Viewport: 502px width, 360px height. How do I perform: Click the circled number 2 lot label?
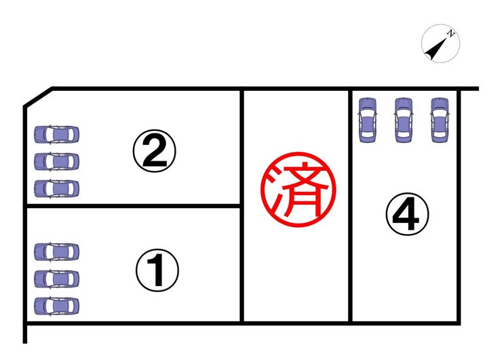pyautogui.click(x=154, y=153)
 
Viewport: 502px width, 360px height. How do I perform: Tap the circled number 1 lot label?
pyautogui.click(x=157, y=271)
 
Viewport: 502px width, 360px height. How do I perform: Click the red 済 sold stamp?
pyautogui.click(x=299, y=187)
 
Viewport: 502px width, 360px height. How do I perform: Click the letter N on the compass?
pyautogui.click(x=450, y=33)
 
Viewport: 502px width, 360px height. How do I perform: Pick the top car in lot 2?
pyautogui.click(x=57, y=134)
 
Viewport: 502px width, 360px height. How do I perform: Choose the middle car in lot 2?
pyautogui.click(x=57, y=161)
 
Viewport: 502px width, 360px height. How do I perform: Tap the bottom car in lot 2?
pyautogui.click(x=57, y=188)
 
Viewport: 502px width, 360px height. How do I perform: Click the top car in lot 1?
pyautogui.click(x=57, y=252)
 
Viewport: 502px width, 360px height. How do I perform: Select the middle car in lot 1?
pyautogui.click(x=57, y=279)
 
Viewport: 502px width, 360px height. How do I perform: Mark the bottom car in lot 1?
pyautogui.click(x=57, y=305)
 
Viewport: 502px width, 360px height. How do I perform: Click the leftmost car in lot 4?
pyautogui.click(x=367, y=119)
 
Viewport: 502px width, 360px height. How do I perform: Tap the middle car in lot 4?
pyautogui.click(x=403, y=119)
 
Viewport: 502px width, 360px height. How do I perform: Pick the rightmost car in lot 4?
pyautogui.click(x=440, y=119)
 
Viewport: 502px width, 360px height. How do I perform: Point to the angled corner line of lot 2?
pyautogui.click(x=38, y=97)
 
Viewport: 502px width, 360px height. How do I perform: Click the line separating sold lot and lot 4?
pyautogui.click(x=350, y=203)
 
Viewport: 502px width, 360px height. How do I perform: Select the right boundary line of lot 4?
pyautogui.click(x=460, y=203)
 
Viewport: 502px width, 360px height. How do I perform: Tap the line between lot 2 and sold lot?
pyautogui.click(x=242, y=146)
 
